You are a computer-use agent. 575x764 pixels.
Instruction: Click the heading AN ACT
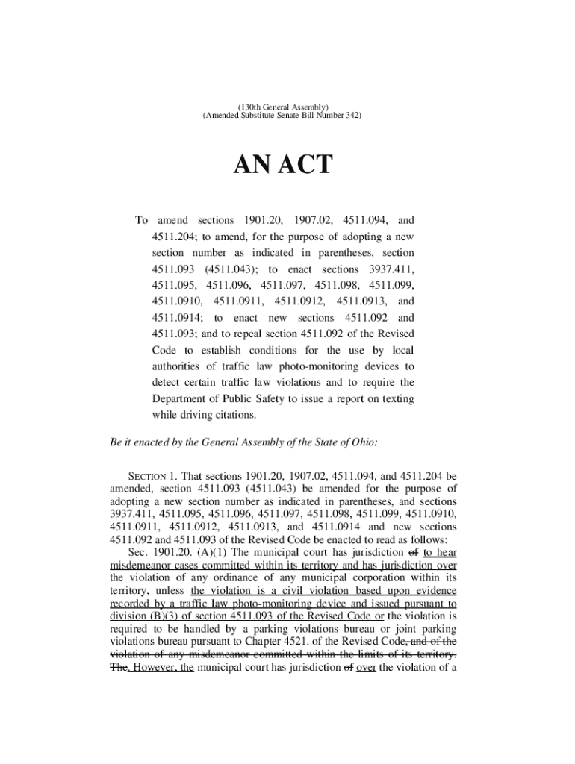287,164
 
